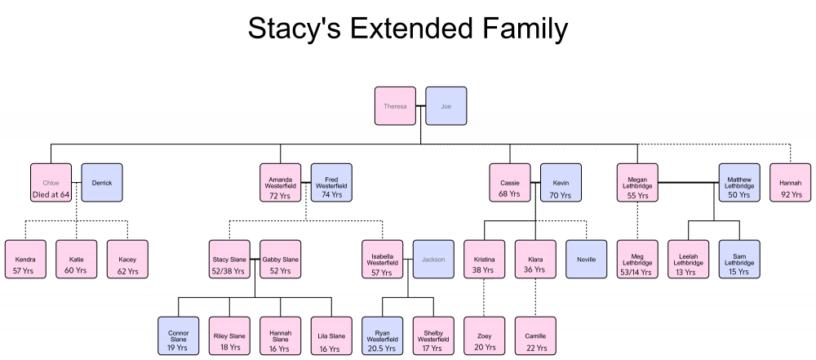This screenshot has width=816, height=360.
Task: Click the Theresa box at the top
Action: tap(395, 106)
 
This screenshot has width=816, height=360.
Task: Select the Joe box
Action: tap(446, 106)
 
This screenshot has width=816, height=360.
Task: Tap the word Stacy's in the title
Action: tap(294, 28)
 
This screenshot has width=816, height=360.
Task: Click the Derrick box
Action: tap(102, 182)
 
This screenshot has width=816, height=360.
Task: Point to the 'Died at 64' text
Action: tap(51, 195)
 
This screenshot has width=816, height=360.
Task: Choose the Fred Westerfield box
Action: tap(331, 182)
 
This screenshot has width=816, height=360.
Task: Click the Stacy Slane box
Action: tap(229, 259)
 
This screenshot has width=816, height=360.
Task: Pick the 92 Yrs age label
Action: tap(791, 195)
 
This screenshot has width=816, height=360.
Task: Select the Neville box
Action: tap(587, 259)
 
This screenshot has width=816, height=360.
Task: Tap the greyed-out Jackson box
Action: tap(433, 259)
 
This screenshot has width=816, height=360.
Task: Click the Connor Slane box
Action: tap(179, 336)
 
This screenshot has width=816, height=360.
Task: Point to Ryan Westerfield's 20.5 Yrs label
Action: tap(383, 348)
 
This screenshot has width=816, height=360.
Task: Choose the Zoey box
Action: tap(485, 336)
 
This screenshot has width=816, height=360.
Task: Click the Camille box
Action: tap(535, 336)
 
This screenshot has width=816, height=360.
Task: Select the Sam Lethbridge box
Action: tap(739, 259)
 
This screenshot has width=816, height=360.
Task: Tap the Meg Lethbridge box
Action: tap(637, 259)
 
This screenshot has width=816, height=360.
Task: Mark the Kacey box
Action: tap(127, 259)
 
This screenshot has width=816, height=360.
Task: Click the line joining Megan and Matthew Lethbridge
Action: tap(689, 182)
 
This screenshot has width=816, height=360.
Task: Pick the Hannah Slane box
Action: tap(281, 336)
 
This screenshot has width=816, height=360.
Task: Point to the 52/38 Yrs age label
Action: tap(229, 271)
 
